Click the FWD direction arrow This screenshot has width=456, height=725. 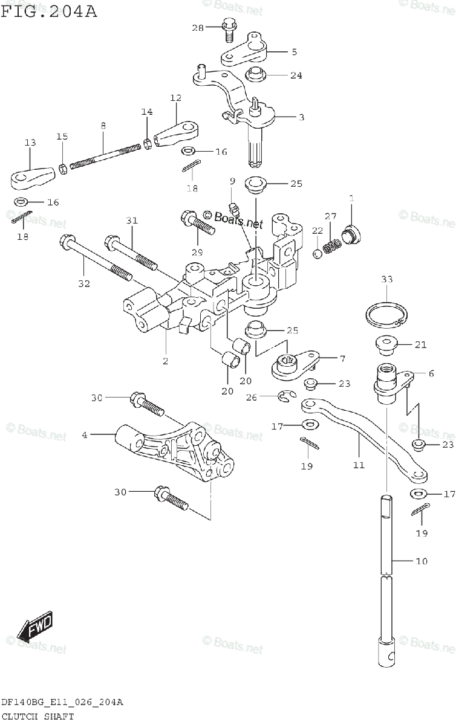(x=35, y=627)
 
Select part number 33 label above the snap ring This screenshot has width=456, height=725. (x=387, y=279)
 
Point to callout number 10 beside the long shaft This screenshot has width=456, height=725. (x=421, y=561)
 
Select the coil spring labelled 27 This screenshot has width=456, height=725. (x=331, y=246)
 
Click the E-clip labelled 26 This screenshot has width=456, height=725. (x=286, y=396)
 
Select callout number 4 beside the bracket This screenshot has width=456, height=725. (x=85, y=434)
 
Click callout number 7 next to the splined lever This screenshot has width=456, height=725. (x=342, y=359)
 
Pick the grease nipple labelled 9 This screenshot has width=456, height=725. (x=235, y=210)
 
